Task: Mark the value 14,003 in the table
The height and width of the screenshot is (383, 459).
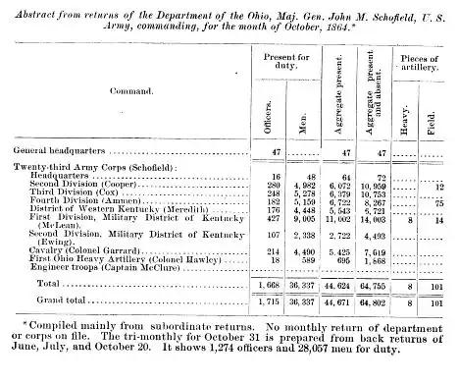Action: click(379, 221)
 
